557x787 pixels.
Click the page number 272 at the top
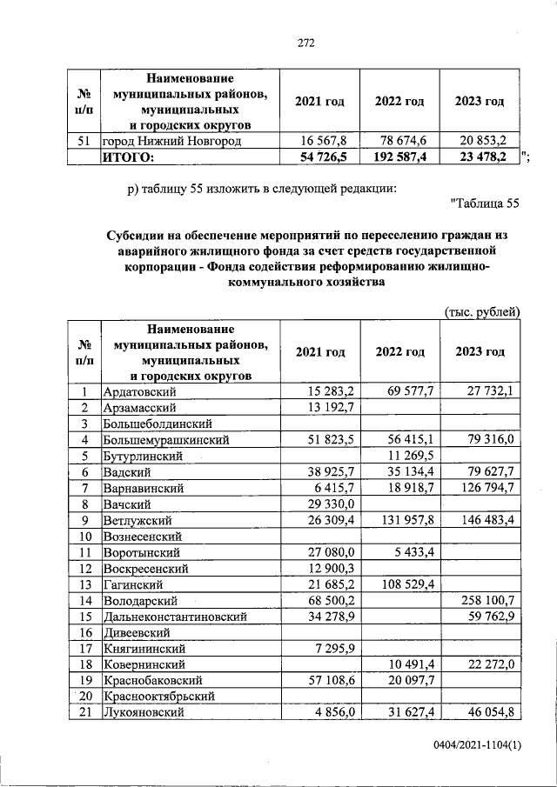click(305, 43)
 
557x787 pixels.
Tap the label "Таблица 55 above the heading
click(486, 203)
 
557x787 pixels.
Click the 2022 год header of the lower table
click(399, 352)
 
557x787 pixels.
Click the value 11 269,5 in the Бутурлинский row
click(411, 456)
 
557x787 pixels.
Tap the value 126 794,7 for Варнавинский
click(487, 488)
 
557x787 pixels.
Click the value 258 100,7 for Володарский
click(487, 600)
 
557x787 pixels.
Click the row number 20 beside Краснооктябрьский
click(85, 696)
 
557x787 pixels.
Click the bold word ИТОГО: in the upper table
click(128, 157)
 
